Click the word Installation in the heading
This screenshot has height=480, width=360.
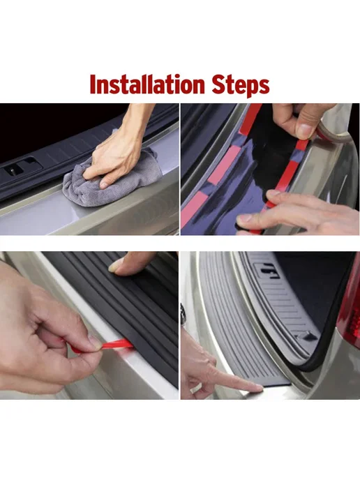tap(147, 84)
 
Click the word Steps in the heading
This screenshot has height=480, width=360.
tap(241, 85)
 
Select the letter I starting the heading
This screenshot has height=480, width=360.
tap(93, 84)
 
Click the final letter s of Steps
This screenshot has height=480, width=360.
tap(264, 87)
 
